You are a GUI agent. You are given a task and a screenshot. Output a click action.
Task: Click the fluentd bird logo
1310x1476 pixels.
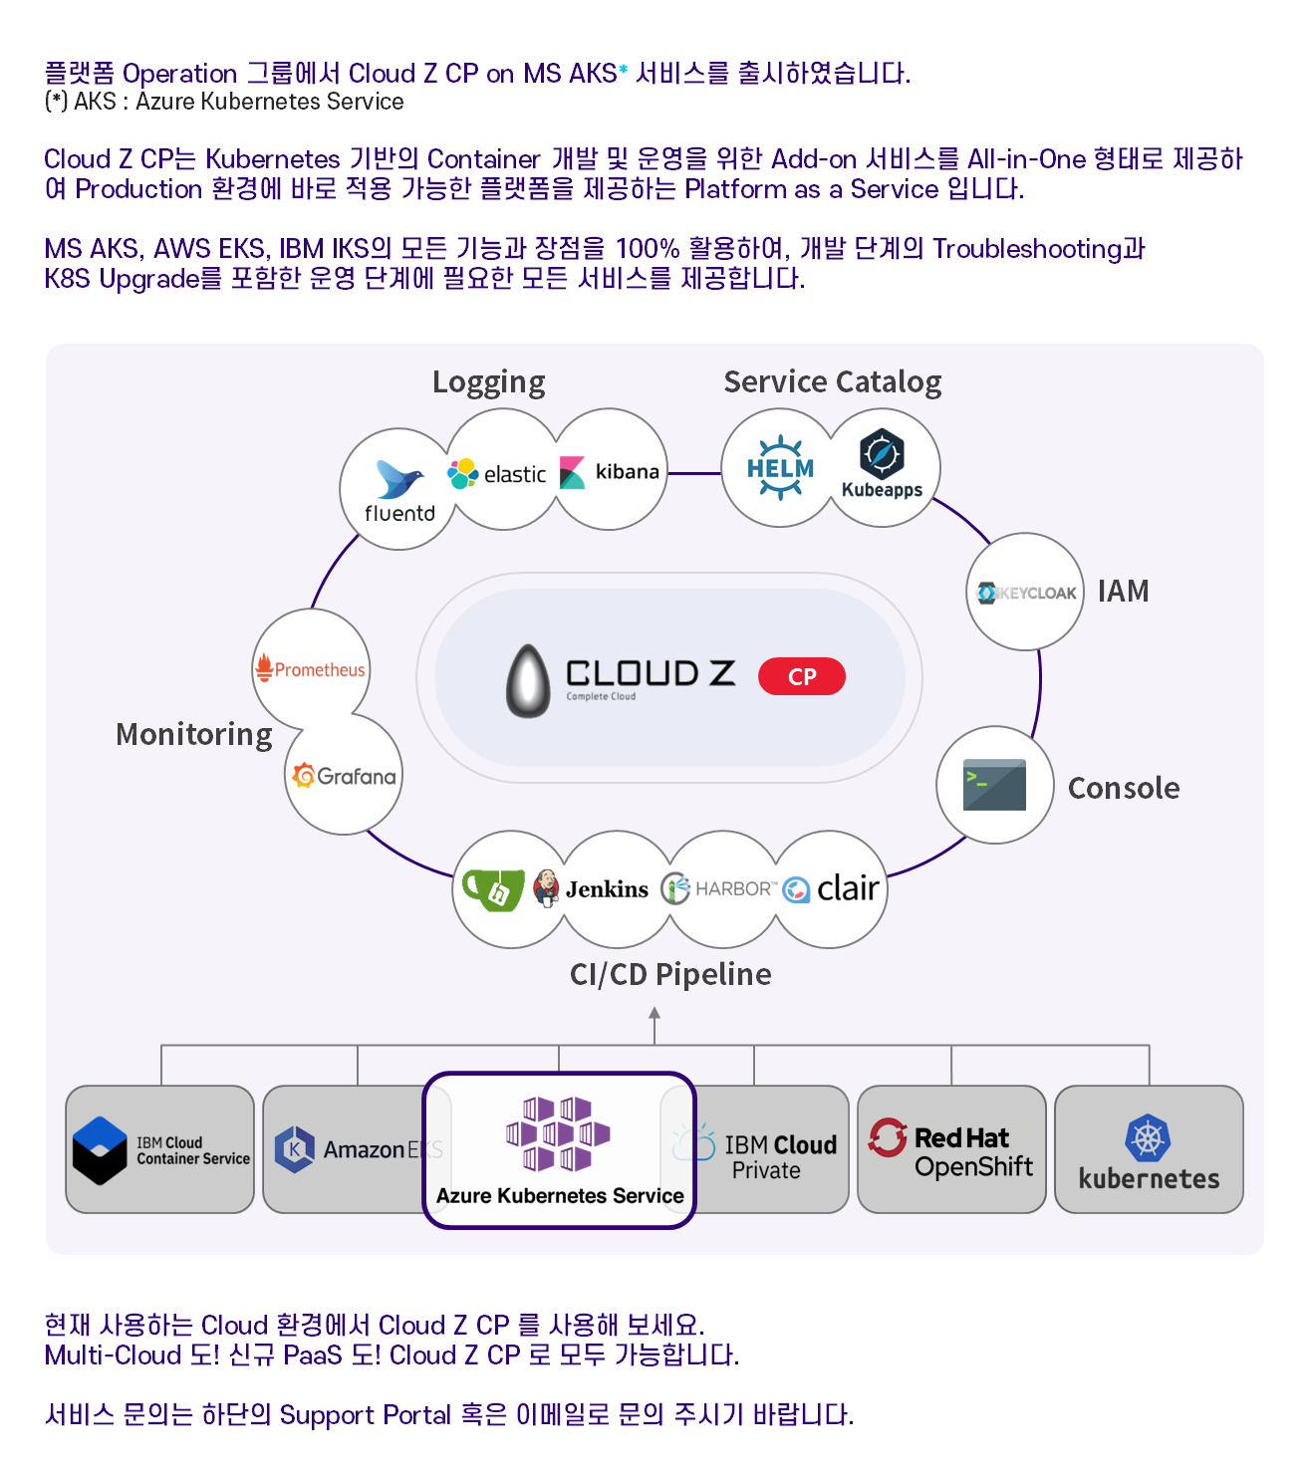(x=399, y=479)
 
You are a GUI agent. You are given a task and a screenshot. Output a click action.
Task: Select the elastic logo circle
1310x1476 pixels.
(x=499, y=473)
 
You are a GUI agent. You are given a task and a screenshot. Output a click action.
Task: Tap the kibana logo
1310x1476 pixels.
(x=610, y=471)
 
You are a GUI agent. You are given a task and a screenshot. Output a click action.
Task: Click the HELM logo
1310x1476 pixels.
(x=780, y=467)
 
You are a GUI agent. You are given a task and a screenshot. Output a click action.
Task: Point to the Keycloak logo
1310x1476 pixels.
(x=1026, y=593)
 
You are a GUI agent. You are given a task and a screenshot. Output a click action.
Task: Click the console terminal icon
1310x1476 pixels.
(x=994, y=785)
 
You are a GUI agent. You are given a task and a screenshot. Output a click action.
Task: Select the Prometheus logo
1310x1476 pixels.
(x=311, y=669)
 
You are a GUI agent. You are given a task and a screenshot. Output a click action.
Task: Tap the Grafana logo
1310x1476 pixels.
(x=345, y=776)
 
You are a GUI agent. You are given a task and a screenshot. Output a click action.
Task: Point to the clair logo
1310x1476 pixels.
(x=831, y=888)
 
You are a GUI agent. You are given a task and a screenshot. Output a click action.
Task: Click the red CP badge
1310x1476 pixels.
(x=801, y=676)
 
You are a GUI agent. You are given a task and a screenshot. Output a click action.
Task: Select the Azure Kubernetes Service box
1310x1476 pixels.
(x=559, y=1149)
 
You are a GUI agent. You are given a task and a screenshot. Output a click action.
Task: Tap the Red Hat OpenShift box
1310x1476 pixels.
(x=951, y=1149)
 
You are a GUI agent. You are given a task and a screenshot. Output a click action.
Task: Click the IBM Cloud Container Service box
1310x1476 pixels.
(x=160, y=1149)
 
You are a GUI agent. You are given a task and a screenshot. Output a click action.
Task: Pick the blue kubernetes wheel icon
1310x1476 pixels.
(x=1148, y=1137)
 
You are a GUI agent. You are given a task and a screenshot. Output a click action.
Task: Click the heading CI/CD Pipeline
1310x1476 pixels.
(x=670, y=974)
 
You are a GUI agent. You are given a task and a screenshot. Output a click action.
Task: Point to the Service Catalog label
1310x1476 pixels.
(x=832, y=382)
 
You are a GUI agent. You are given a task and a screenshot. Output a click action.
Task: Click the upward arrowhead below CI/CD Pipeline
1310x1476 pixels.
(x=655, y=1013)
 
